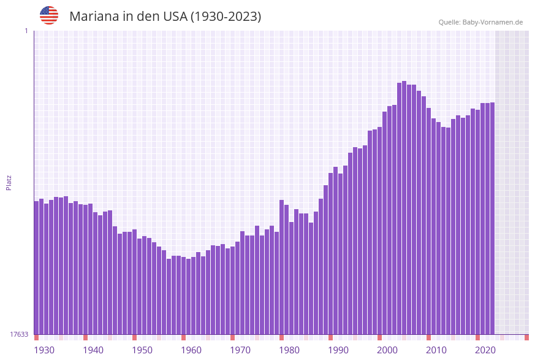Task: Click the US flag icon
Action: click(x=49, y=15)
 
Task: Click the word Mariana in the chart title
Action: click(x=94, y=17)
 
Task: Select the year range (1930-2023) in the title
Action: click(x=226, y=17)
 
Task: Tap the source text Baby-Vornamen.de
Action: click(x=492, y=22)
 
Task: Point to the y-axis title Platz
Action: click(x=9, y=182)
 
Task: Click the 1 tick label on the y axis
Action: click(x=26, y=31)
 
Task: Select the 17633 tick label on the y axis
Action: click(x=19, y=334)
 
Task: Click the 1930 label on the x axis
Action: click(x=44, y=350)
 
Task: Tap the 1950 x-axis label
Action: click(x=142, y=350)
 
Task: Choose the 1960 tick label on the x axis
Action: click(x=191, y=350)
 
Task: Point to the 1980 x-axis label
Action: click(x=289, y=350)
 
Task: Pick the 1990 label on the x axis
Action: click(x=338, y=350)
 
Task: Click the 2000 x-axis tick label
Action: click(x=387, y=350)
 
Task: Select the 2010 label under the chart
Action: click(x=436, y=350)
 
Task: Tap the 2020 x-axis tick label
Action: click(x=485, y=350)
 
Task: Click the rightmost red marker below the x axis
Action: click(x=526, y=337)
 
